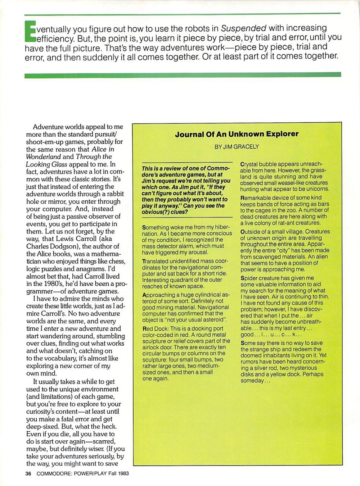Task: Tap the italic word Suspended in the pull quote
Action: (x=243, y=28)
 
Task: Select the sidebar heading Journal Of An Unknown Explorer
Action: (x=237, y=134)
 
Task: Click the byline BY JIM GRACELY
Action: (x=237, y=147)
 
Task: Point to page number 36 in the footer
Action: (x=28, y=473)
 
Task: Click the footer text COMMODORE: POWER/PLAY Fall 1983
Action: (x=82, y=473)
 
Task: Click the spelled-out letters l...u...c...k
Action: (x=283, y=334)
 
